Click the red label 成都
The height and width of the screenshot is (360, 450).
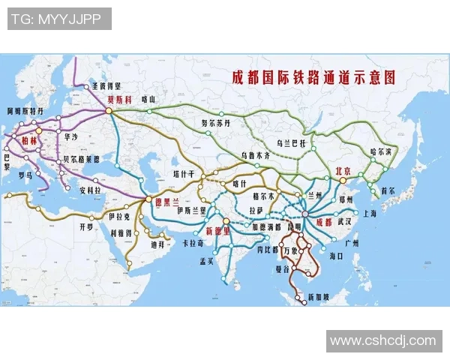pos(323,223)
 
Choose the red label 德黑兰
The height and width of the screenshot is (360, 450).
pos(166,201)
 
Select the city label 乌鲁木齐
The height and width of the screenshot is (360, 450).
pos(253,154)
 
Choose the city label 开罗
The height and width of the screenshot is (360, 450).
pos(87,226)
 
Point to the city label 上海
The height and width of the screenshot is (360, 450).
pos(369,213)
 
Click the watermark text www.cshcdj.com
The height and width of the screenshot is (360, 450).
pos(383,340)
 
